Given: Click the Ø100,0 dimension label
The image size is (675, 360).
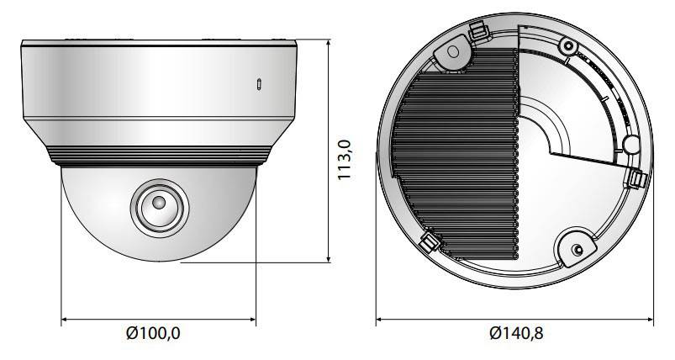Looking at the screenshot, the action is (x=153, y=333).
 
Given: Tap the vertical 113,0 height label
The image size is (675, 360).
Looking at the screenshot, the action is (x=345, y=160).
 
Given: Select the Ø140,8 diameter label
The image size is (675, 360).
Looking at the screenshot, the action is (x=516, y=333).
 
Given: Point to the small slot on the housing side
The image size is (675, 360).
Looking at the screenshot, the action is (x=259, y=84).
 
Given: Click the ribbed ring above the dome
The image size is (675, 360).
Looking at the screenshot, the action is (x=159, y=156).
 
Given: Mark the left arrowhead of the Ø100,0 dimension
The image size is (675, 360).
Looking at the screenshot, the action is (x=65, y=320).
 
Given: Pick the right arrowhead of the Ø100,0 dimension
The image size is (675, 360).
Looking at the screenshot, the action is (x=253, y=320).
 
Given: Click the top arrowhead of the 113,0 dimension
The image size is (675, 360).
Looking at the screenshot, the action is (x=329, y=43).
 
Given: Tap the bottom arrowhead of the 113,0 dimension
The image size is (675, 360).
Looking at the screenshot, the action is (x=329, y=258).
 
